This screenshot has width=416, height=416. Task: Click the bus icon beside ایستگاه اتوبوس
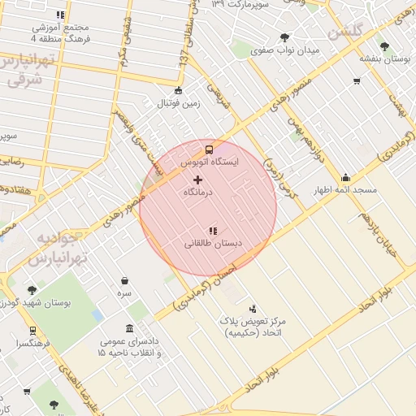coord(210,150)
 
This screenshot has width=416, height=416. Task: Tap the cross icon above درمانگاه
coord(198,179)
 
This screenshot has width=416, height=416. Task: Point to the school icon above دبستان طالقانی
coord(213,231)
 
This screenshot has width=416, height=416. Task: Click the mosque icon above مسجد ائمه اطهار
coord(346,178)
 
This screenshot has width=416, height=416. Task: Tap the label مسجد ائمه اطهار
coord(346,190)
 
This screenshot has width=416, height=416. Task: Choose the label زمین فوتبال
coord(178,103)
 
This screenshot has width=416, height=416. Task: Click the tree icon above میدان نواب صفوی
coord(284,37)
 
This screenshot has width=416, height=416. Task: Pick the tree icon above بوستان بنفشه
coord(383,46)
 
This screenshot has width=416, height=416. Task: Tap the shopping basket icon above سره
coord(123,279)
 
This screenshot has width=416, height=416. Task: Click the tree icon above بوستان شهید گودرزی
coord(32,290)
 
